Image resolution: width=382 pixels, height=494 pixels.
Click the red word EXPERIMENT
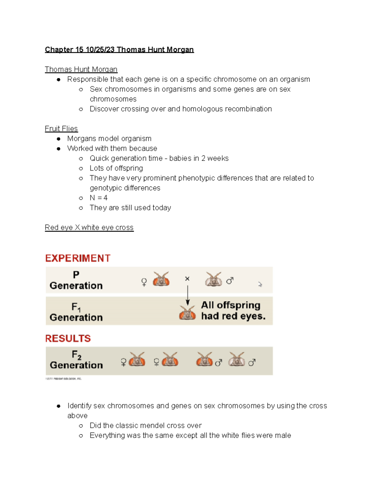pyautogui.click(x=78, y=258)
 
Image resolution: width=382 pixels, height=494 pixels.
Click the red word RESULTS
pyautogui.click(x=68, y=338)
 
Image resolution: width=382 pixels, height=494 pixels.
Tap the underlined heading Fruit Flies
pyautogui.click(x=61, y=129)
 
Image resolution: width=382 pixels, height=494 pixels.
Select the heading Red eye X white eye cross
pyautogui.click(x=89, y=227)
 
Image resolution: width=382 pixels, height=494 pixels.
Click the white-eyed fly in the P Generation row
pyautogui.click(x=213, y=279)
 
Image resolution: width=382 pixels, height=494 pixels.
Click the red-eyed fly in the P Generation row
pyautogui.click(x=161, y=279)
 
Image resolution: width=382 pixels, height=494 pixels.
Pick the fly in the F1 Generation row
pyautogui.click(x=187, y=313)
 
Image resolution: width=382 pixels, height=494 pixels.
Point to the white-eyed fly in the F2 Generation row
pyautogui.click(x=237, y=359)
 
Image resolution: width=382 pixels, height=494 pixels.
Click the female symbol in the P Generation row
pyautogui.click(x=144, y=282)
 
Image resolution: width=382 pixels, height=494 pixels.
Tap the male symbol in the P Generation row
pyautogui.click(x=230, y=281)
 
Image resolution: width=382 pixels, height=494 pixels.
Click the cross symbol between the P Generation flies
pyautogui.click(x=187, y=279)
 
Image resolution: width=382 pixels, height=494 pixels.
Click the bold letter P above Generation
pyautogui.click(x=76, y=275)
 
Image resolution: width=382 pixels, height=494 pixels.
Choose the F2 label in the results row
pyautogui.click(x=76, y=354)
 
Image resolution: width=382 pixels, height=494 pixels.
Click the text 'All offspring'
pyautogui.click(x=230, y=305)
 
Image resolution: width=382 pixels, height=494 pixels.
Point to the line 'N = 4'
pyautogui.click(x=99, y=198)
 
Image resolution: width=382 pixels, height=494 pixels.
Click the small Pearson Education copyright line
pyautogui.click(x=64, y=379)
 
